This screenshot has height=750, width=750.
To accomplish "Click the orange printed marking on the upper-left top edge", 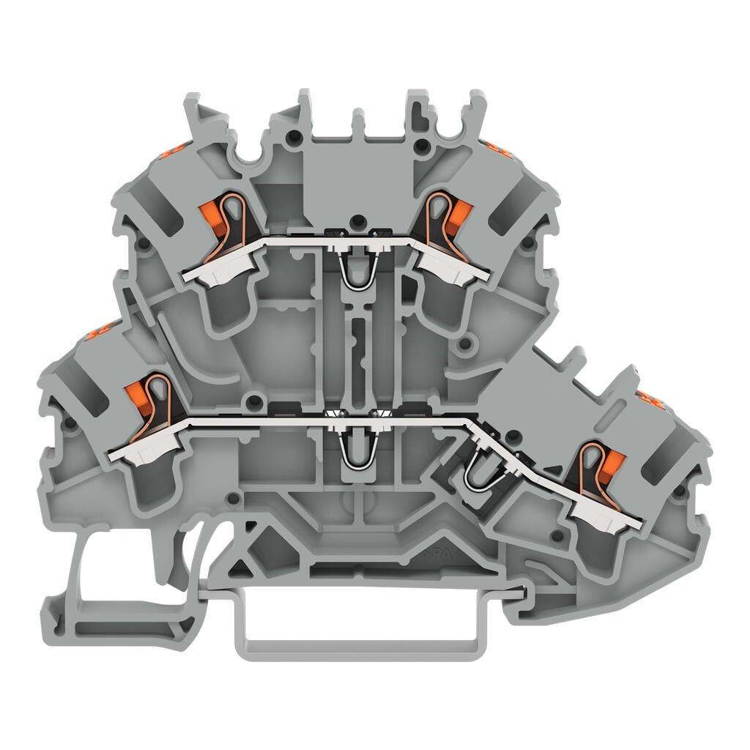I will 170,152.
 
